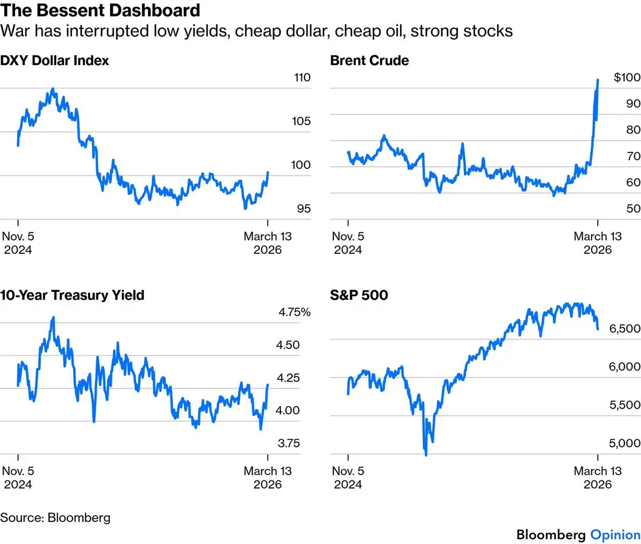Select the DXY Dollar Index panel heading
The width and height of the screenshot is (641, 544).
click(x=54, y=60)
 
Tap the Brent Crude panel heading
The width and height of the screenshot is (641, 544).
click(x=370, y=60)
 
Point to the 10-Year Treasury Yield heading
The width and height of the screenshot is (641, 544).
click(x=72, y=295)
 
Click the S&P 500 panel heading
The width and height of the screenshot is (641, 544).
click(x=359, y=295)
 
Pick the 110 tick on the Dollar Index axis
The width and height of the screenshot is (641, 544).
click(x=302, y=77)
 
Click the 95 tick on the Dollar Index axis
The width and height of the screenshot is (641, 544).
click(x=303, y=208)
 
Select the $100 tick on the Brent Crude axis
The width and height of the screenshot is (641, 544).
click(x=627, y=77)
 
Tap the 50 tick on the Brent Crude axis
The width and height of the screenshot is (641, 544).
click(x=634, y=208)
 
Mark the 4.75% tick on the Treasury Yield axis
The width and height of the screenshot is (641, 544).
click(x=294, y=312)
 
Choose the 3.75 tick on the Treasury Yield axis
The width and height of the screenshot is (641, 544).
click(x=288, y=443)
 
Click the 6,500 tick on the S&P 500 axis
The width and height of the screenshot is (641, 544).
click(x=625, y=329)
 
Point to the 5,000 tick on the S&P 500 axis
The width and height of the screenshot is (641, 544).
click(x=625, y=443)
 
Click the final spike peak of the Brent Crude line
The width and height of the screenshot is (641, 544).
click(x=598, y=80)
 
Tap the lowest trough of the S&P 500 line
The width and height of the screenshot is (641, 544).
click(x=426, y=455)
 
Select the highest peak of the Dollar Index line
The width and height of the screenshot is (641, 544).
click(x=52, y=89)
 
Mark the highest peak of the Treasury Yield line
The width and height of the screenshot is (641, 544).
click(x=53, y=317)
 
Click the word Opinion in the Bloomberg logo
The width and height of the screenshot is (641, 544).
click(x=615, y=534)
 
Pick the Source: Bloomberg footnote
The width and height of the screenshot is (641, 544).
click(x=56, y=517)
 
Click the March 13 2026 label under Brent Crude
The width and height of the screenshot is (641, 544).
click(x=598, y=243)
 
